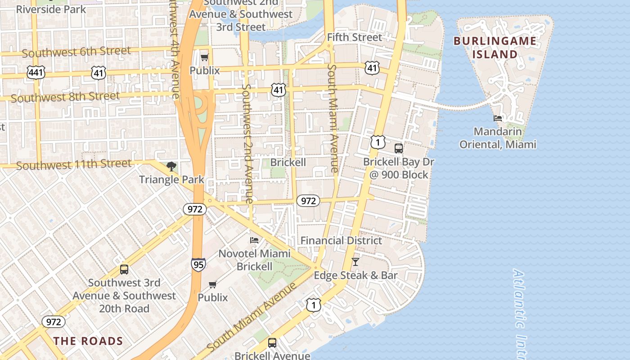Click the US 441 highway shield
[x=36, y=72]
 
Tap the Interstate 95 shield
[x=198, y=264]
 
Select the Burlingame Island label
[x=495, y=48]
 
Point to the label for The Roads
[x=88, y=341]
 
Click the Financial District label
[x=341, y=240]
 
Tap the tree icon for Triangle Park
[x=171, y=166]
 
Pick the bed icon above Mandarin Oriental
[x=498, y=118]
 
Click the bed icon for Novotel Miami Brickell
[x=254, y=240]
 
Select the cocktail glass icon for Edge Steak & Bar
[x=355, y=261]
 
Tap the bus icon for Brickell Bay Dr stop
[x=398, y=148]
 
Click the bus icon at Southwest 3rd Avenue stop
[x=124, y=270]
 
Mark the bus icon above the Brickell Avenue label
[x=272, y=342]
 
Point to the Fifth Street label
[x=354, y=37]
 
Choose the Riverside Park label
[x=51, y=9]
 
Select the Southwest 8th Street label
[x=65, y=97]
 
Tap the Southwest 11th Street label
[x=74, y=165]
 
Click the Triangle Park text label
[x=171, y=180]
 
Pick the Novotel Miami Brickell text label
[x=255, y=260]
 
